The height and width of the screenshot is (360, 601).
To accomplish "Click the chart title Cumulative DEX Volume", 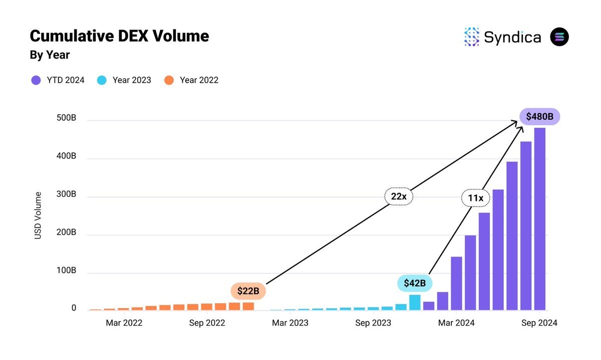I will (x=119, y=36).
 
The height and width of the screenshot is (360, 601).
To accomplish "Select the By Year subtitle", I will (x=50, y=55).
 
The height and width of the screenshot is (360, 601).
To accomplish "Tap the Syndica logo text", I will (x=512, y=37).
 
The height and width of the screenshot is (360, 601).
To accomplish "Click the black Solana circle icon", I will (x=559, y=37).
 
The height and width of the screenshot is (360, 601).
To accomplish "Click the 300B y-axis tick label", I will (x=66, y=194).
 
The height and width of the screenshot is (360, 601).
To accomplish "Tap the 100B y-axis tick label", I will (x=66, y=271).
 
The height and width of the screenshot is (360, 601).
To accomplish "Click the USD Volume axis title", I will (x=38, y=215).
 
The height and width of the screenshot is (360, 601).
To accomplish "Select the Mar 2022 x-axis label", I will (x=124, y=323).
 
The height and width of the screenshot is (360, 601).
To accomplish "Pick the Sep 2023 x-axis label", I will (x=373, y=323).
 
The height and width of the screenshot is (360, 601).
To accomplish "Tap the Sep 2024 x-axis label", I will (x=539, y=323).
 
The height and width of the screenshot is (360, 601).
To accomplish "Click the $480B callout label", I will (x=539, y=117).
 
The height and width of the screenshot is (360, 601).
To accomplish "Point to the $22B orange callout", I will (x=248, y=291).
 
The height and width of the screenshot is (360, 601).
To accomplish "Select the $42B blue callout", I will (x=415, y=283).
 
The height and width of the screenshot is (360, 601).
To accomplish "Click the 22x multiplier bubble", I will (x=399, y=197).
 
